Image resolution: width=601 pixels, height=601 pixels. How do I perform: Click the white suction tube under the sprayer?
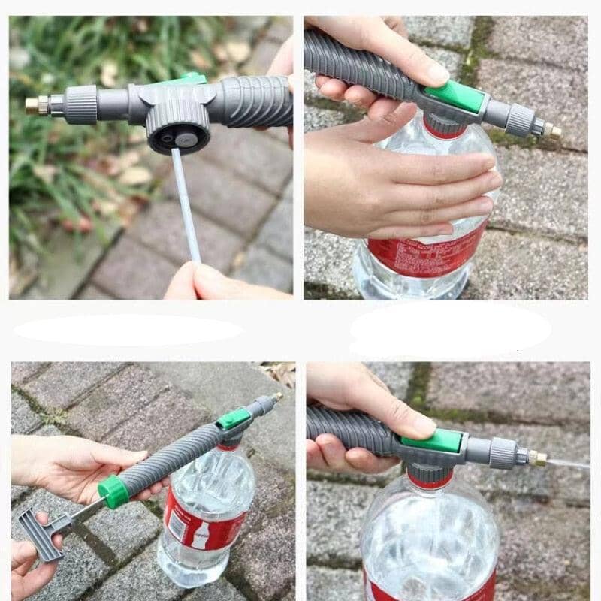coord(185,203)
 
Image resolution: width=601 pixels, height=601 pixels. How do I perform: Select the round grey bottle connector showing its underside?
coord(177,132)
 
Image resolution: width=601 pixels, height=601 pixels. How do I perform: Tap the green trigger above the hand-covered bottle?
coord(453,96)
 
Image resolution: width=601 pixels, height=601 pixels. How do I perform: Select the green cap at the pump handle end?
coord(113,491)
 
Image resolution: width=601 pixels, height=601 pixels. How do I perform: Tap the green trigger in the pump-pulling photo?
coord(234,418)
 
